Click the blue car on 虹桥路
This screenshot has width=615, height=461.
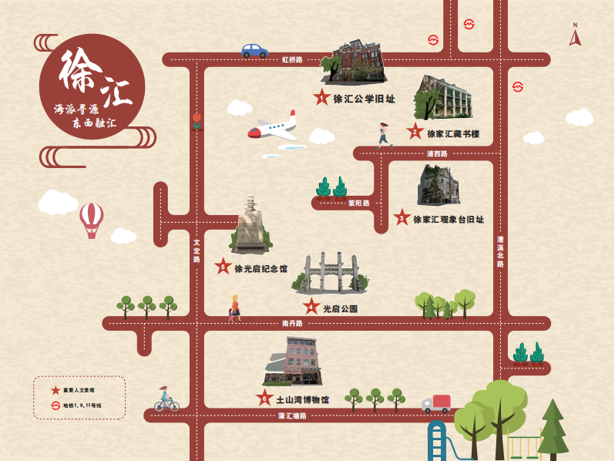tap(254, 51)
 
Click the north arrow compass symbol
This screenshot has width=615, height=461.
tap(575, 35)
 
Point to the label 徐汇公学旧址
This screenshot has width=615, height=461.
tap(364, 99)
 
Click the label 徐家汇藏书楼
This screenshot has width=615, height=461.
tap(453, 134)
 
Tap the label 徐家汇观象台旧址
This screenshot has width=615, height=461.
tap(449, 220)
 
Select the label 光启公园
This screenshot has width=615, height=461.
tap(340, 309)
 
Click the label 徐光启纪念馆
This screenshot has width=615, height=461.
tap(260, 269)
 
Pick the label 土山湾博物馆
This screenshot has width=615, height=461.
tap(303, 400)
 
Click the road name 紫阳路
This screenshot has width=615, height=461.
tap(359, 204)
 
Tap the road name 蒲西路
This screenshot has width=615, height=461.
tap(437, 153)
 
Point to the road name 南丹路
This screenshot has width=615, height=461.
tap(292, 324)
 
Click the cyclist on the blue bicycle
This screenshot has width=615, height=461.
tap(166, 399)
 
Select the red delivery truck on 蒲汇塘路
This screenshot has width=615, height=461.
tap(436, 403)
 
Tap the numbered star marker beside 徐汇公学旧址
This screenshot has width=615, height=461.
tap(321, 98)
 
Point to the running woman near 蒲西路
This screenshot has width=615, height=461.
tap(384, 134)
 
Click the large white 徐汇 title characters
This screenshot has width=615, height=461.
tap(92, 77)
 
